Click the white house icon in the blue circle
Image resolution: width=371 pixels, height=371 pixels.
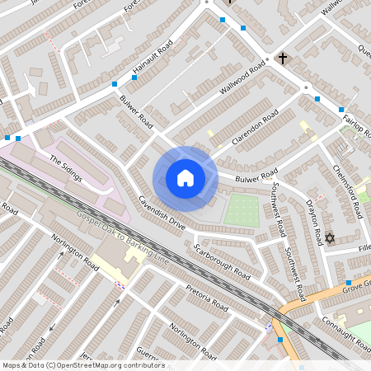185,178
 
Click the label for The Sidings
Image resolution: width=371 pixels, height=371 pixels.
68,164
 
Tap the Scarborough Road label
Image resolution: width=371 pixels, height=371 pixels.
221,261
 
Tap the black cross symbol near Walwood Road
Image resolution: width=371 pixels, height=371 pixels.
283,59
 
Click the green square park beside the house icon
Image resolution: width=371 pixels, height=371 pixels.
242,210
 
